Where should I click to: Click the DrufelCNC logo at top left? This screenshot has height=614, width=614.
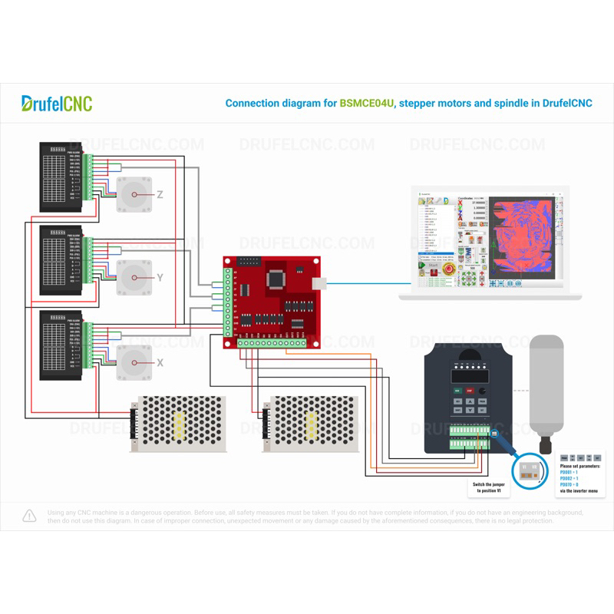[x=57, y=103]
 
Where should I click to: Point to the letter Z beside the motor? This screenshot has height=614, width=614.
[x=160, y=195]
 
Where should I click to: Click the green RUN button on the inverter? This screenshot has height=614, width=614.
[x=457, y=391]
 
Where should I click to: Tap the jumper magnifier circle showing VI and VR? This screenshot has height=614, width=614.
[x=528, y=470]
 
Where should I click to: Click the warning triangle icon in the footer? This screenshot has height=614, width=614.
[x=29, y=515]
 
